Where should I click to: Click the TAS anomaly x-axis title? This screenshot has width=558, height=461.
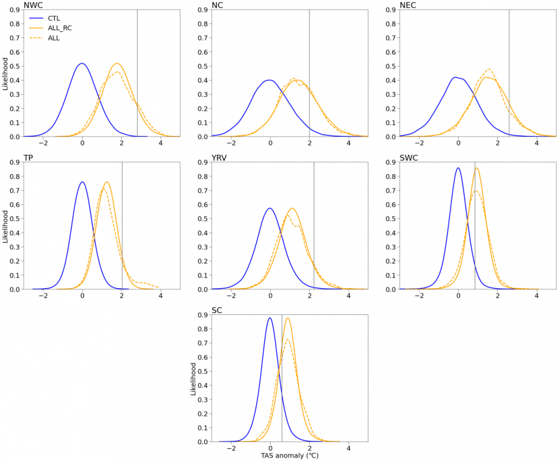coord(289,455)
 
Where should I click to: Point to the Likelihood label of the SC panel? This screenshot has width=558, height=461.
coord(193,379)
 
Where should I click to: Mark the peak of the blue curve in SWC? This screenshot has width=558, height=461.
coord(458,168)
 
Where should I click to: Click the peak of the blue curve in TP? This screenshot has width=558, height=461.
coord(82,182)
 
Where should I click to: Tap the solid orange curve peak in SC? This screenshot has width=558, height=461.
coord(287,318)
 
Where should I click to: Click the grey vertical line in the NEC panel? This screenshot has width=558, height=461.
coord(509,72)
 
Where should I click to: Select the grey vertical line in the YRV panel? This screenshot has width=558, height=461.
coord(314,223)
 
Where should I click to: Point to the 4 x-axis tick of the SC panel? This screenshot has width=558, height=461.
coord(349,448)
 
